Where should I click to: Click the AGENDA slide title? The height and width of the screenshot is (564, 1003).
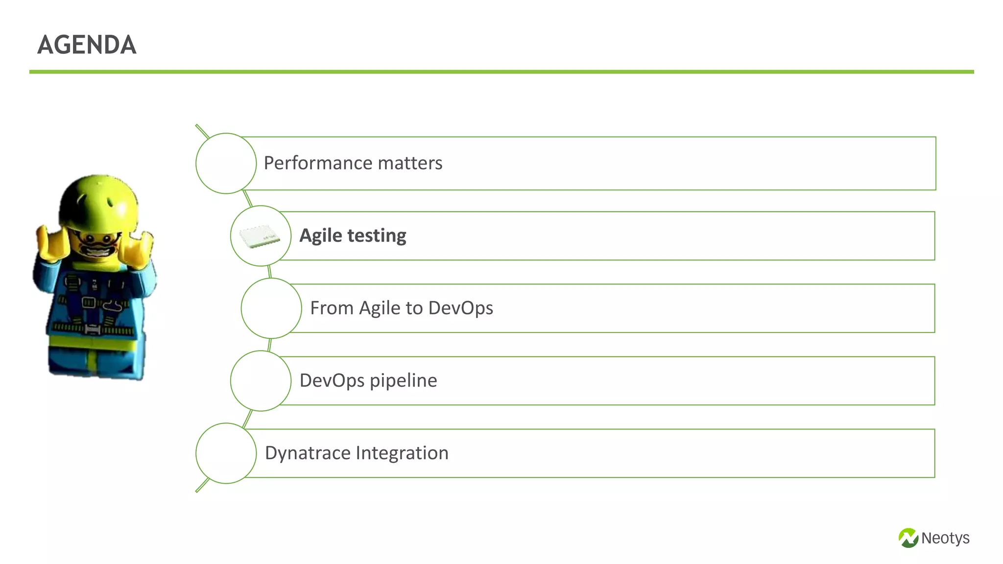(x=87, y=45)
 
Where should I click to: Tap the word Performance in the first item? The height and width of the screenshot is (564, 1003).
(x=311, y=163)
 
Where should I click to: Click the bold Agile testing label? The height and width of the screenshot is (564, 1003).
(x=353, y=235)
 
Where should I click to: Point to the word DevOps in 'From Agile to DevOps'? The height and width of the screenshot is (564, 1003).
(x=460, y=308)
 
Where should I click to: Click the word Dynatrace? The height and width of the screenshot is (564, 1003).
(x=307, y=453)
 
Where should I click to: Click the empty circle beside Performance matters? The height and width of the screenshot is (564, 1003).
(x=226, y=163)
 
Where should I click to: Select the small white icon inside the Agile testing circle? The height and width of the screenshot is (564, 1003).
(x=260, y=236)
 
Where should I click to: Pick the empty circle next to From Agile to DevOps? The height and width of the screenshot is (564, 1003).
(x=271, y=308)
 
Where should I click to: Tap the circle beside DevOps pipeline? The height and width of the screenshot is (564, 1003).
(x=261, y=380)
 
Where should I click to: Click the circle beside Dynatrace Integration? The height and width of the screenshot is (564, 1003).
(x=226, y=453)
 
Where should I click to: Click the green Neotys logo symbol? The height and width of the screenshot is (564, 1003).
(x=908, y=538)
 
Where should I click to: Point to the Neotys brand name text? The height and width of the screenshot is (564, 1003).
(x=945, y=538)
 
